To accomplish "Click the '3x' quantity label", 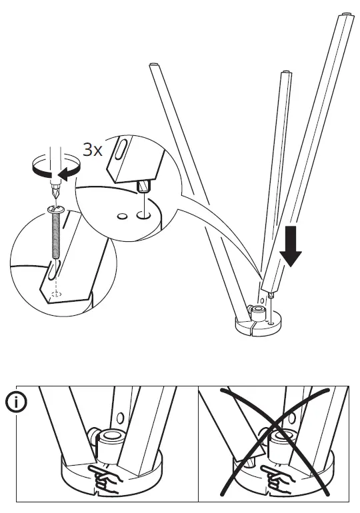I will [92, 149].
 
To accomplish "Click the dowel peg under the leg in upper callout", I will [142, 186].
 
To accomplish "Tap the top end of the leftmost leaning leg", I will [153, 65].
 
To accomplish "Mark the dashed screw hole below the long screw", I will [57, 292].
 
